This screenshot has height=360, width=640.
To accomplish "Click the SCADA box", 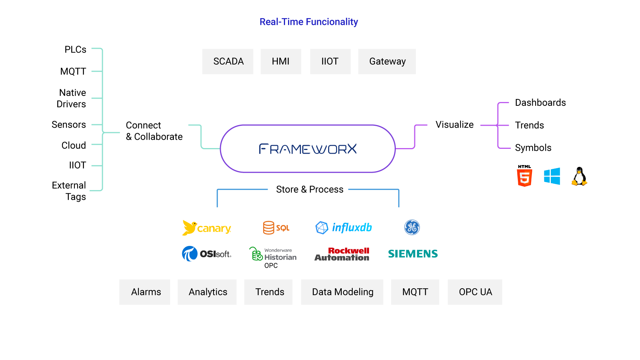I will [228, 62].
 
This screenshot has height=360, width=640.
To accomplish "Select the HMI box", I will [280, 62].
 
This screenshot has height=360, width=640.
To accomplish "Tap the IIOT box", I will [330, 62].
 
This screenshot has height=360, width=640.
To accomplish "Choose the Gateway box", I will [387, 62].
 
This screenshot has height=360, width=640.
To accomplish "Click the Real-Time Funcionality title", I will [308, 22].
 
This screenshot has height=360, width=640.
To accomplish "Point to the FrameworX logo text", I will [308, 149].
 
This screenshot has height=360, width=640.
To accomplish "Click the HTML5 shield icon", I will [524, 178].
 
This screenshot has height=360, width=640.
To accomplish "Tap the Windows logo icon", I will [552, 176].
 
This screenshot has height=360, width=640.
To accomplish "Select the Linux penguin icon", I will [579, 177].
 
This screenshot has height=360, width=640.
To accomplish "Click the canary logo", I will [206, 228].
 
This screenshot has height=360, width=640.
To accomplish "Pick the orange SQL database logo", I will [276, 228].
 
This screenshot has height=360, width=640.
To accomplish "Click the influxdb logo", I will [344, 227].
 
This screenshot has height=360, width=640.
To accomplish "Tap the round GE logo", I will [412, 227].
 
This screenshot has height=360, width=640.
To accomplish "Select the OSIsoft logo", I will [206, 254].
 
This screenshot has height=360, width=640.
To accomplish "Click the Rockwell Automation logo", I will [342, 254].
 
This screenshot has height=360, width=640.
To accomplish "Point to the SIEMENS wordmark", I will [413, 254].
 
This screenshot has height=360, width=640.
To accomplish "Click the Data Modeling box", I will [342, 292].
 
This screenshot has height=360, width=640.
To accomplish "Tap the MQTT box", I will [415, 292].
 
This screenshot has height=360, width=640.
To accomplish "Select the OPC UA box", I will [475, 292].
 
